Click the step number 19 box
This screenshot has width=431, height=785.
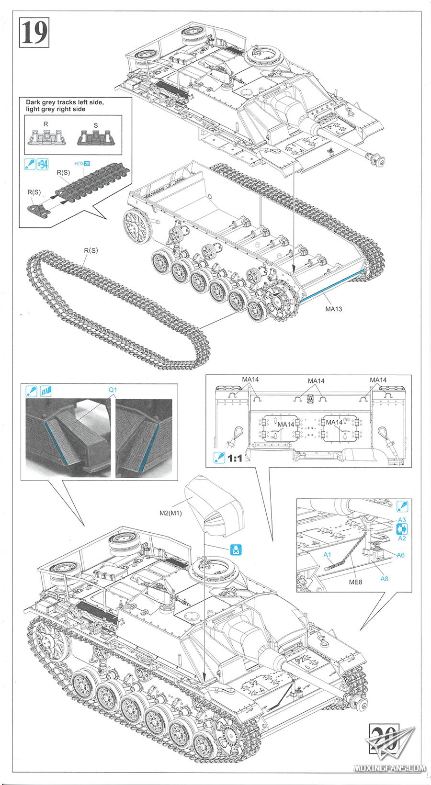(34, 33)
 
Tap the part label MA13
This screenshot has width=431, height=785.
(333, 309)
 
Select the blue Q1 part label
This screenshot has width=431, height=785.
(113, 390)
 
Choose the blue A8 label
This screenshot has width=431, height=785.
(384, 578)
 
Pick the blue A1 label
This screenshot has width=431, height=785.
(328, 554)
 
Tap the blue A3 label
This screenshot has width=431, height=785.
(402, 520)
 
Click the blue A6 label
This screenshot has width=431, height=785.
(400, 555)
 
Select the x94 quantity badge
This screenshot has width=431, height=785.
(43, 165)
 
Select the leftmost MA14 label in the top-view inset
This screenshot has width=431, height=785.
(250, 380)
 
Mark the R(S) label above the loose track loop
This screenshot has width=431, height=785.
(91, 250)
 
